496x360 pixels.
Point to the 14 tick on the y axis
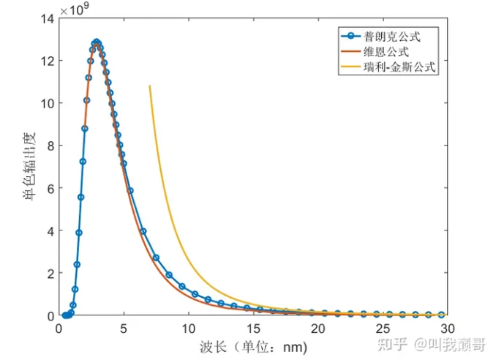(45, 18)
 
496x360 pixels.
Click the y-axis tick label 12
(45, 61)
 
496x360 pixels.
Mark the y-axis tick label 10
(45, 103)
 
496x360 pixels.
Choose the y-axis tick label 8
(48, 146)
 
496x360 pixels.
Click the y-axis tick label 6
(48, 188)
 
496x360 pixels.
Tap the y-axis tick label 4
(48, 230)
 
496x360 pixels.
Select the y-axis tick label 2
(48, 273)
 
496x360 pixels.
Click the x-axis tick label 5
(124, 329)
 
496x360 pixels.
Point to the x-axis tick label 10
(188, 329)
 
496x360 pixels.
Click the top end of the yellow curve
(150, 86)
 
